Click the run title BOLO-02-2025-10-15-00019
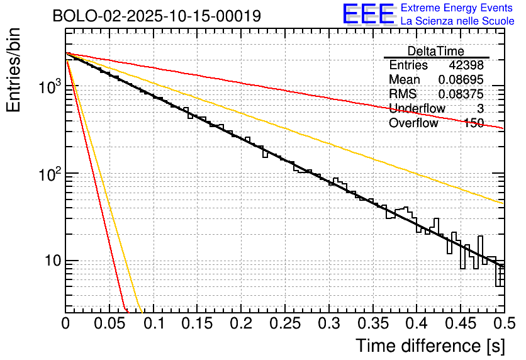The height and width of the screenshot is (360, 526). coord(157,16)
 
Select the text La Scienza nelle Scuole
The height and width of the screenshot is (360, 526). coord(457,21)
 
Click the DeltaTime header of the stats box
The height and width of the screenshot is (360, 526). coord(436,51)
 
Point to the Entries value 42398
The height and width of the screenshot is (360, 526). coord(466,65)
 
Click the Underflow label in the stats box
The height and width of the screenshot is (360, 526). coord(417,109)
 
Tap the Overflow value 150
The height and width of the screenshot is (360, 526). coord(473,123)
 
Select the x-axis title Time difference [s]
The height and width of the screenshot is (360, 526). coord(429,346)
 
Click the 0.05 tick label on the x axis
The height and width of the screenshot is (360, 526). coord(109,323)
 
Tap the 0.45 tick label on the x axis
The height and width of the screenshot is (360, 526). coord(461,323)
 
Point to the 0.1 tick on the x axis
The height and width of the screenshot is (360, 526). coord(153,323)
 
